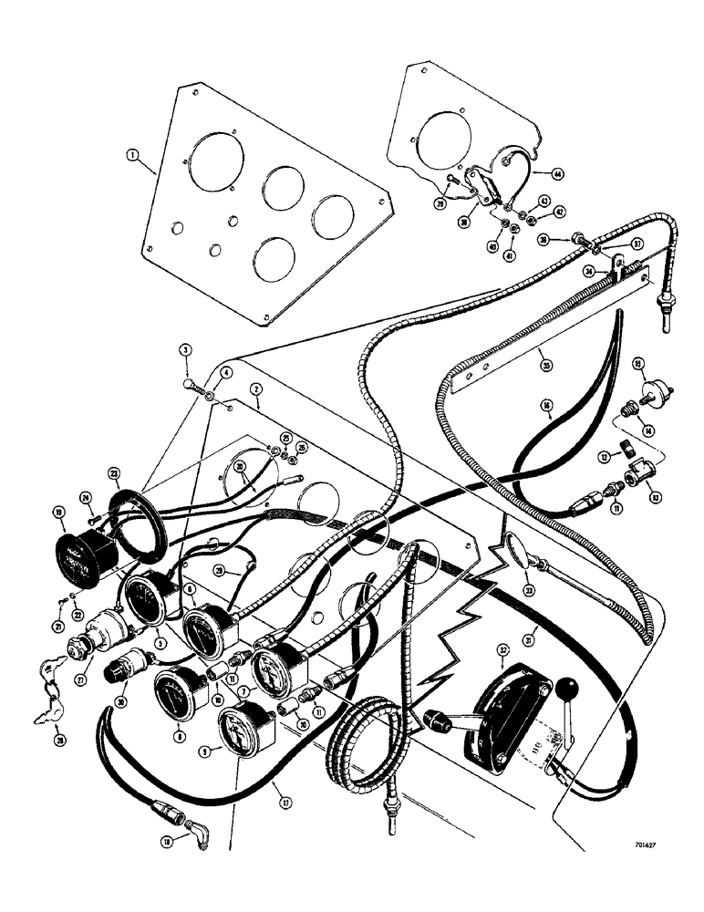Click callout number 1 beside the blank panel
133,156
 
